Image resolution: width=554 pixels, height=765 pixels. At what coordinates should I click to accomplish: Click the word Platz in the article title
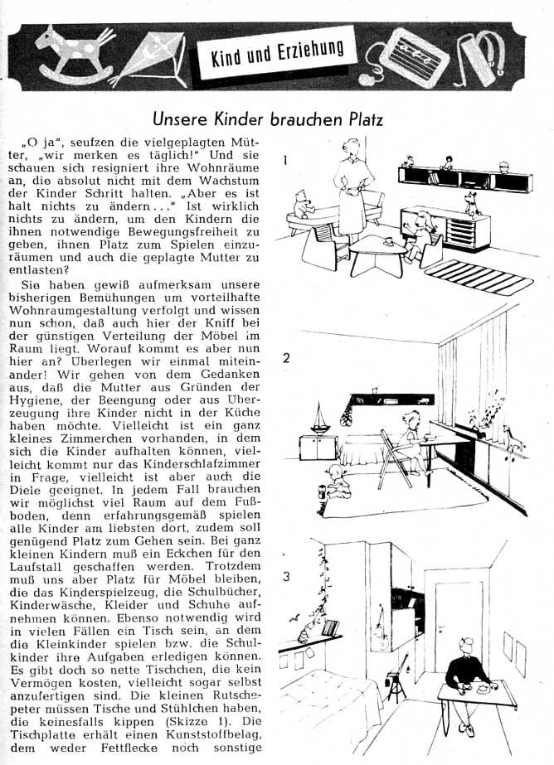coord(362,120)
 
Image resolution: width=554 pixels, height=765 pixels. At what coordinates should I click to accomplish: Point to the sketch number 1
coord(285,160)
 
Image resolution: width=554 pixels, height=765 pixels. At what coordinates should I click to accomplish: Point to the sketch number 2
coord(286,358)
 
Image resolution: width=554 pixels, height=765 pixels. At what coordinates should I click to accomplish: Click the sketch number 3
coord(286,577)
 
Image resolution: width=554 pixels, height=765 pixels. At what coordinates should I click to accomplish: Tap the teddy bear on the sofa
coord(304,204)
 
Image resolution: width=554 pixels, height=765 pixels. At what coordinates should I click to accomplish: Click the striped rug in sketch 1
coord(479,276)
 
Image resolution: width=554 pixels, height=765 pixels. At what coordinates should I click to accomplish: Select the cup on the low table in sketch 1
coord(389,241)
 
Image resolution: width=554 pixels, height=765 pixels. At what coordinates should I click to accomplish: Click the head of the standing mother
coord(352,148)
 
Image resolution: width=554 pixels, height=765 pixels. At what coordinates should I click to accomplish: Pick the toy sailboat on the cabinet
coord(319,419)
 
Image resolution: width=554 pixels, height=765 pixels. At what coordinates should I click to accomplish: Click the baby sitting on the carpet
coord(338,483)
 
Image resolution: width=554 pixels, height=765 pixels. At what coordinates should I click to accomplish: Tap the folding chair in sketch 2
coord(396,460)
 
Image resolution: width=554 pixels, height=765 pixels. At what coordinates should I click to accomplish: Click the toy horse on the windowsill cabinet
coord(512,439)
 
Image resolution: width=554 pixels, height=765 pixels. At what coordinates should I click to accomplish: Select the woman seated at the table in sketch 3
coord(467,685)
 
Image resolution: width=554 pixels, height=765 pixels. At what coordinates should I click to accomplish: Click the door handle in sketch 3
coord(442,627)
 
